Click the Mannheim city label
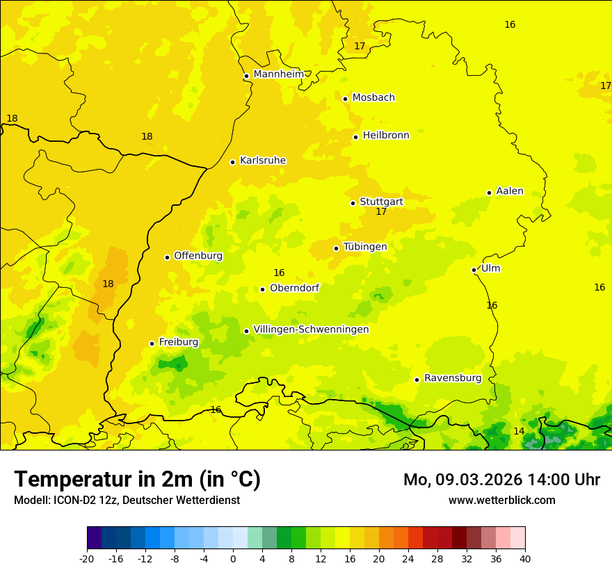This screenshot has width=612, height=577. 278,74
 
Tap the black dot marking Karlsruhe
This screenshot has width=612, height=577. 232,162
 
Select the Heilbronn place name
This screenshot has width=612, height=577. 386,136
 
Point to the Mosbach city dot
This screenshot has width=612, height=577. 345,99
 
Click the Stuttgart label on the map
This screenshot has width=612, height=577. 381,202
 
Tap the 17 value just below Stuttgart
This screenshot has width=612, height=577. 381,212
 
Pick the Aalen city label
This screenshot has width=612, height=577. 510,191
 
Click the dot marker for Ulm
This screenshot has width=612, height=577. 474,270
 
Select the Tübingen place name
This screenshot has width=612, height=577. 365,247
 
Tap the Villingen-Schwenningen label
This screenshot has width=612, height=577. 311,330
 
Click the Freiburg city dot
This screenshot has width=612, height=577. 152,343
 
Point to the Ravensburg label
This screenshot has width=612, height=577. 453,378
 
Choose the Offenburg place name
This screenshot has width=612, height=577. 198,256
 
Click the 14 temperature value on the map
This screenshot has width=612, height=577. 519,432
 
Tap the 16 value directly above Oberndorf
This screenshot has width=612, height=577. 279,273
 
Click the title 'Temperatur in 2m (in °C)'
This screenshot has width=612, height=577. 137,480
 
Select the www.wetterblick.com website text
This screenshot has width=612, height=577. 501,501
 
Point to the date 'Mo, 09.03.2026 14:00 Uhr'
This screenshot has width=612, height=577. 501,480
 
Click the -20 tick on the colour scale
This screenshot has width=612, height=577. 87,558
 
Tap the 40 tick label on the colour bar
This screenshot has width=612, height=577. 524,558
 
